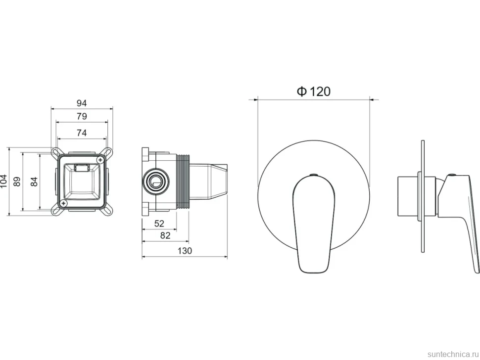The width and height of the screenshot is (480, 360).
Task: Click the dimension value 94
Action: point(82,103)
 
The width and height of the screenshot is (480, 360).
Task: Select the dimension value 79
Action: point(82,116)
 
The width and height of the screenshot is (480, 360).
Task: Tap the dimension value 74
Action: point(82,133)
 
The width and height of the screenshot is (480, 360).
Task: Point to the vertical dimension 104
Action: point(3,181)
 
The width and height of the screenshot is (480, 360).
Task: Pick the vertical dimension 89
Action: point(17,181)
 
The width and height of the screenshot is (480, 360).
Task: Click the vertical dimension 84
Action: point(34,181)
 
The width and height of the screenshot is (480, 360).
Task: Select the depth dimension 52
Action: point(159,224)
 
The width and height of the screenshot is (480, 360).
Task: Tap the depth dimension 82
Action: point(165,235)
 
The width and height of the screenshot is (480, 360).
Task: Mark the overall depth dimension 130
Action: point(185,251)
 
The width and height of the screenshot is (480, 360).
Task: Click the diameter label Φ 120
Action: point(314,91)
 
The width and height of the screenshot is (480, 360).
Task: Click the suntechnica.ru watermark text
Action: point(453,354)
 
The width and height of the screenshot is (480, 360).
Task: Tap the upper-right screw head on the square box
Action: point(100,159)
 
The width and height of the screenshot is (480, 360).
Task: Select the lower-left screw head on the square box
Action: point(63,203)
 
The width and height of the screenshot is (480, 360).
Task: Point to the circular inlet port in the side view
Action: point(155,181)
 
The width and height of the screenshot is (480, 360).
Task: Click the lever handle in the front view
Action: point(314,224)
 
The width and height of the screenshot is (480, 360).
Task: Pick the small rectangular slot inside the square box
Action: point(82,168)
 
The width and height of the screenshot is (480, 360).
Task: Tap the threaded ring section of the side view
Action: point(184,181)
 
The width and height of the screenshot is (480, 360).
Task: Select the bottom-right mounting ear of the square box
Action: point(108,211)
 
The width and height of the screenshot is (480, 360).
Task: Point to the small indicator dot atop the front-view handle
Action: point(313,175)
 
